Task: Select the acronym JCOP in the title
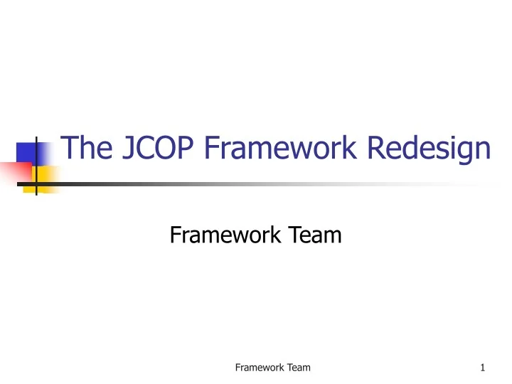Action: tap(149, 150)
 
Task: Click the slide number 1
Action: tap(482, 368)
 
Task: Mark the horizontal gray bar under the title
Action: tap(213, 184)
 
